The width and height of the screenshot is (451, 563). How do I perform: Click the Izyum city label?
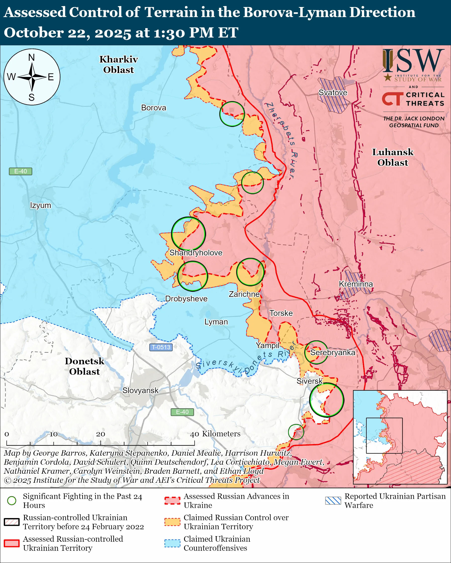click(x=40, y=205)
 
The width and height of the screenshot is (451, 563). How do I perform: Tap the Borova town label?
click(x=154, y=108)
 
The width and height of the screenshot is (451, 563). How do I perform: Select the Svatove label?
click(x=333, y=92)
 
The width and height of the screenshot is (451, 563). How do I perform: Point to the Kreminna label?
click(x=356, y=284)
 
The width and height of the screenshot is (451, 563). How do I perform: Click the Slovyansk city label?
click(x=140, y=390)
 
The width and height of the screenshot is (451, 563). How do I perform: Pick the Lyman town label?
click(x=216, y=322)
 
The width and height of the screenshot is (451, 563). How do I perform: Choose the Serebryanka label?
click(x=333, y=352)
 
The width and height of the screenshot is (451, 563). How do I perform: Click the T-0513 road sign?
click(x=161, y=347)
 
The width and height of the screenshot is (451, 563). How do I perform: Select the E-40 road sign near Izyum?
click(x=20, y=171)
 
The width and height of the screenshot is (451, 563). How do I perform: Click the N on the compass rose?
click(x=32, y=57)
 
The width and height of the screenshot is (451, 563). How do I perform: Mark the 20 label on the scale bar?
click(x=101, y=434)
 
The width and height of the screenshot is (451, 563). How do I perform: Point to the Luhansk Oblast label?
click(x=392, y=157)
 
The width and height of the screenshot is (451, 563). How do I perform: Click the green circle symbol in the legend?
click(x=12, y=500)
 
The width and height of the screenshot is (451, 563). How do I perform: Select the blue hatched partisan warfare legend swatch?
click(x=333, y=500)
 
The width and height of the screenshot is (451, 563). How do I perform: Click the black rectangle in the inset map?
click(x=384, y=436)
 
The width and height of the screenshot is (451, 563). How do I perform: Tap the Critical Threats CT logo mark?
click(x=392, y=99)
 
